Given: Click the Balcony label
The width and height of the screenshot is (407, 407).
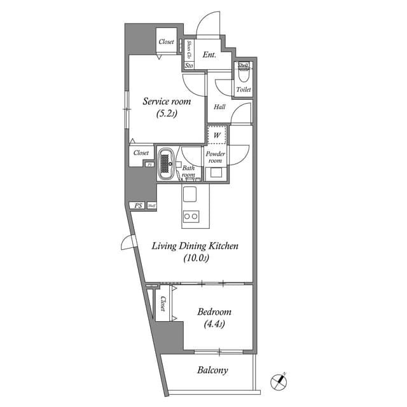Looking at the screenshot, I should pyautogui.click(x=212, y=369).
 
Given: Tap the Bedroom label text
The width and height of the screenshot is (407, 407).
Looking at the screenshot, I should pyautogui.click(x=214, y=312).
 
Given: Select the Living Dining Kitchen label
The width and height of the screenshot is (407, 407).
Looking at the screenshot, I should pyautogui.click(x=194, y=246).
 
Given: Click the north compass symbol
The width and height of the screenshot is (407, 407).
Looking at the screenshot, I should pyautogui.click(x=278, y=381).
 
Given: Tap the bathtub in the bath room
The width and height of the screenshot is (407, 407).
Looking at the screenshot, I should pyautogui.click(x=167, y=164).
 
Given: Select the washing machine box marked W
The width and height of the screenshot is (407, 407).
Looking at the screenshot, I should pyautogui.click(x=217, y=135).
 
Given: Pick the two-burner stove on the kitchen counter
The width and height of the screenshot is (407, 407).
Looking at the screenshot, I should pyautogui.click(x=191, y=216).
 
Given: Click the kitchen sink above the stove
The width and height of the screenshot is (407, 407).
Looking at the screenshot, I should pyautogui.click(x=191, y=193).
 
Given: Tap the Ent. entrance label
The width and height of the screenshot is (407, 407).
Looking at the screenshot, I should pyautogui.click(x=209, y=55).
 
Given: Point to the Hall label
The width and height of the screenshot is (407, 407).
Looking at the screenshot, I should pyautogui.click(x=219, y=107).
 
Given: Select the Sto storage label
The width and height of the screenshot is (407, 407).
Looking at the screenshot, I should pyautogui.click(x=189, y=66).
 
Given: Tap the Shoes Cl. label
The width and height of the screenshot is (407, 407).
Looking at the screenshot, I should pyautogui.click(x=190, y=48).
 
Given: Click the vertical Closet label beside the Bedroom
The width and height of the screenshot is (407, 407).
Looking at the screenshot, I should pyautogui.click(x=163, y=303).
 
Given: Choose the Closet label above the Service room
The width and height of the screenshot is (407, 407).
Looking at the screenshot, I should pyautogui.click(x=166, y=42).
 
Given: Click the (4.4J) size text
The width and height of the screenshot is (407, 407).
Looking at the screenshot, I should pyautogui.click(x=214, y=324).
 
